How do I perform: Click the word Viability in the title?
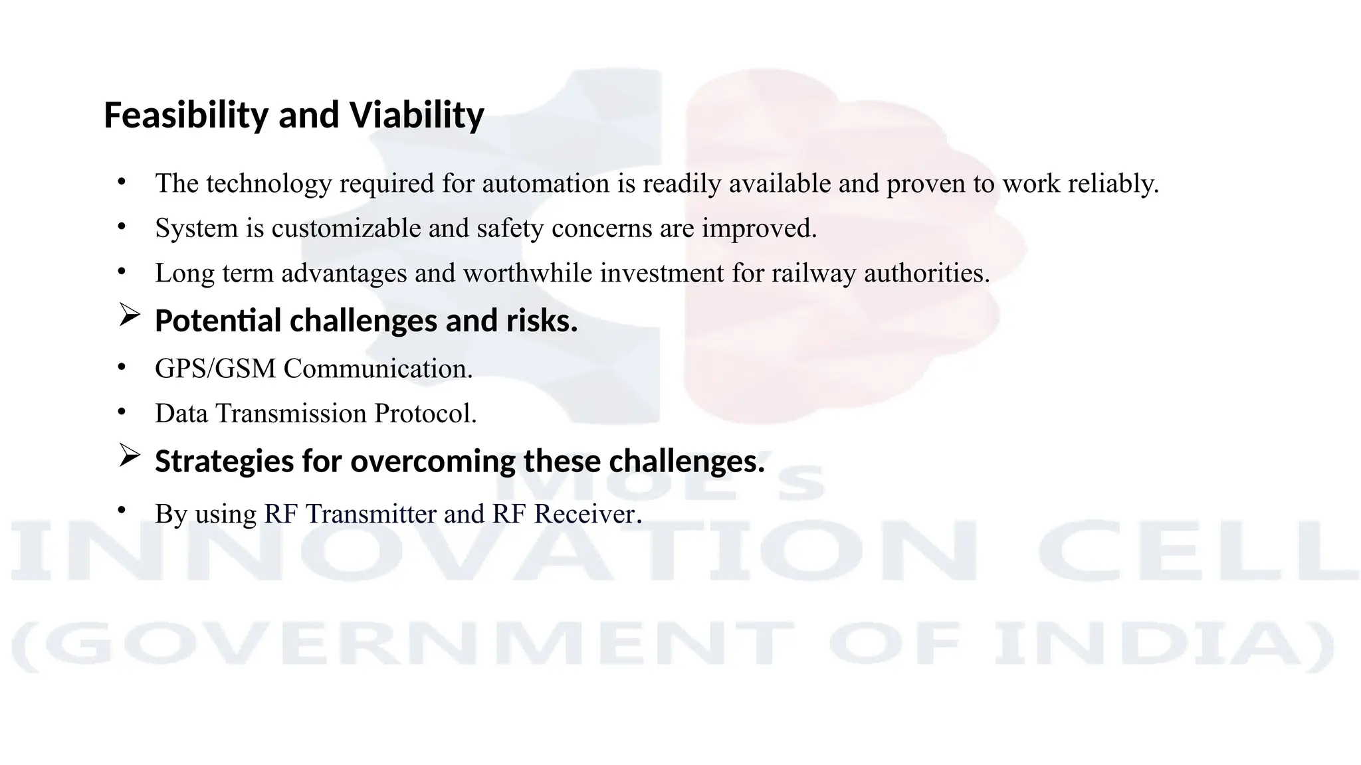(417, 116)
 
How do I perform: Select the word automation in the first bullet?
(545, 184)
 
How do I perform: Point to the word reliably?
(1113, 184)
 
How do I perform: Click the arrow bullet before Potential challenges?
(129, 315)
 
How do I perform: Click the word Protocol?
(425, 414)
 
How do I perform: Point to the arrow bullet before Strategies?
(129, 456)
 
